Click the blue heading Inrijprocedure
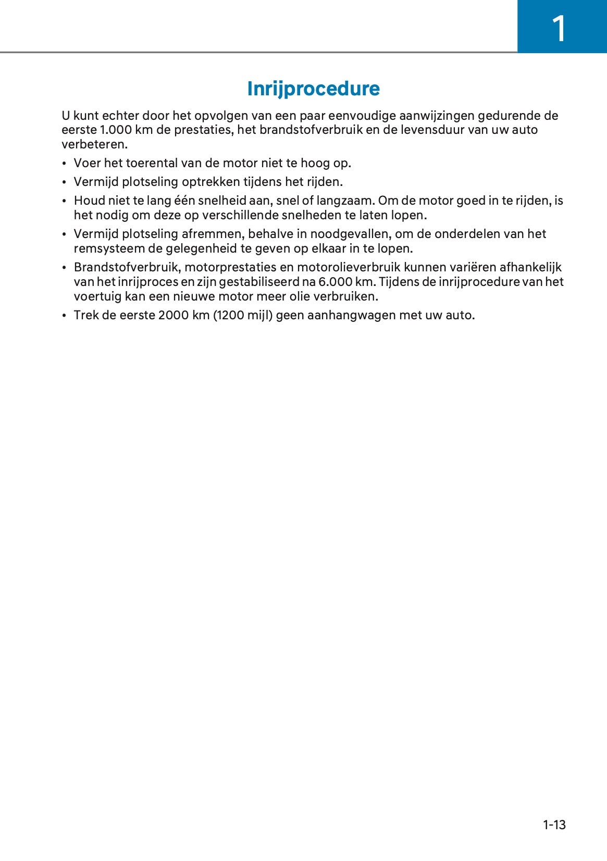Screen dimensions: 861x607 point(313,89)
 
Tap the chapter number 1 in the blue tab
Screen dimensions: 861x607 point(559,29)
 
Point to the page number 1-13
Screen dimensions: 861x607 point(554,825)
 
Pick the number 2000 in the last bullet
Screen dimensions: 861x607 point(173,315)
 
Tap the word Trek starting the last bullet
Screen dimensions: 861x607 point(85,315)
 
